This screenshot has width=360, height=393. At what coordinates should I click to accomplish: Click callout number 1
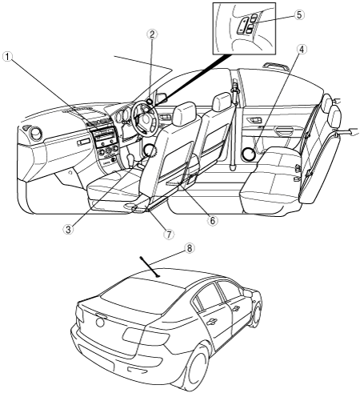pos(8,57)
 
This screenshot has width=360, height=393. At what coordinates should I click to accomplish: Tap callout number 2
pos(152,34)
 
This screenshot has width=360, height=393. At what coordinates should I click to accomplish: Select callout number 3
pos(69,229)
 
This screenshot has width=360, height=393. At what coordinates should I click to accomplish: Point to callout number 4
pos(302,49)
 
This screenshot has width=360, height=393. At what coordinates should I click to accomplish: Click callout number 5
pos(299,14)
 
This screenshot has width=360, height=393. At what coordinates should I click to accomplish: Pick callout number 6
pos(212,220)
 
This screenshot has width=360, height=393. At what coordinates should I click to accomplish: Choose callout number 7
pos(169,234)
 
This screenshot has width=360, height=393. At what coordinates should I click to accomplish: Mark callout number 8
pos(189,248)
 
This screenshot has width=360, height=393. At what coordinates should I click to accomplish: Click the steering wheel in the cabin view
pos(143,117)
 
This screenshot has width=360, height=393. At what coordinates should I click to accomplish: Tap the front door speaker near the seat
pos(150,151)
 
